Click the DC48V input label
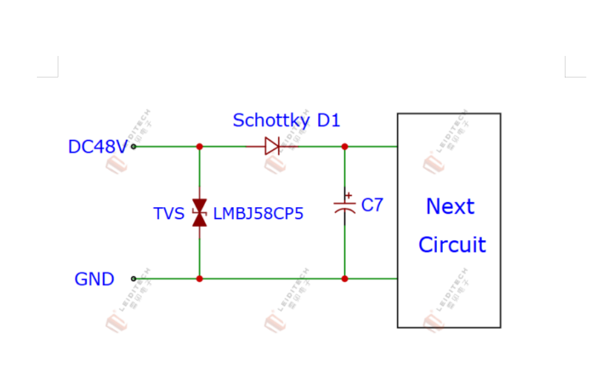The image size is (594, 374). (x=98, y=147)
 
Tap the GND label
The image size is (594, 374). (x=94, y=279)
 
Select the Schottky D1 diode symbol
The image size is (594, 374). (x=272, y=146)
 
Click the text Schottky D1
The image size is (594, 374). (x=286, y=120)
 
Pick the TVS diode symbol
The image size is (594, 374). (x=199, y=213)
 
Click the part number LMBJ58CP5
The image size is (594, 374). (x=258, y=214)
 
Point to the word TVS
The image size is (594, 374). (x=169, y=214)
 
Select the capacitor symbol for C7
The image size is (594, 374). (x=345, y=206)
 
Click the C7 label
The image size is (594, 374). (x=372, y=205)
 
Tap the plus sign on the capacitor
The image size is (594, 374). (x=349, y=195)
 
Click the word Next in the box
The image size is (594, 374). (x=450, y=207)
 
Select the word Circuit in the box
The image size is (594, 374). (x=452, y=245)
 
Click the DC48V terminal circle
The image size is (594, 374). (x=133, y=147)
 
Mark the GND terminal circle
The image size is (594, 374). (x=133, y=279)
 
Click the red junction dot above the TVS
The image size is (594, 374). (x=199, y=147)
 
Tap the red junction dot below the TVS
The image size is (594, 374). (x=199, y=279)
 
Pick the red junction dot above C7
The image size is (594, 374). (x=345, y=147)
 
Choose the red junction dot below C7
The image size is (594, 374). (x=345, y=279)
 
